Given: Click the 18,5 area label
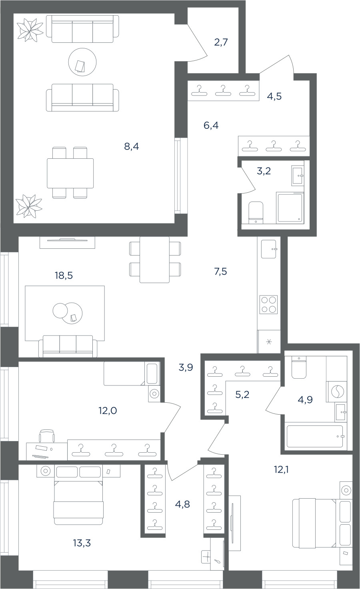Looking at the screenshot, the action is (64, 276).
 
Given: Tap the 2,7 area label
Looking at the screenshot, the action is (221, 42).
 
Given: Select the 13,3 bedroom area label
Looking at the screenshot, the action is (82, 543).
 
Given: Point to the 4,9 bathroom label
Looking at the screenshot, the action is (305, 400).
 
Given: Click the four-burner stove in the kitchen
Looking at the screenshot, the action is (268, 304).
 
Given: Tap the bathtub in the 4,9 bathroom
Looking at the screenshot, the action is (315, 436).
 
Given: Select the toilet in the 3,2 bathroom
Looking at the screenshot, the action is (256, 212).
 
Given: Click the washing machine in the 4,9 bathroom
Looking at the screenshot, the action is (336, 392).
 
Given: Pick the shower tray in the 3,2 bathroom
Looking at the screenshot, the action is (290, 208).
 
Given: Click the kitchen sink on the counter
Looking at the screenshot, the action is (269, 249).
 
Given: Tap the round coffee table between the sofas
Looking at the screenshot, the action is (82, 62).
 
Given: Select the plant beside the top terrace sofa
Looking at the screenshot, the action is (30, 30).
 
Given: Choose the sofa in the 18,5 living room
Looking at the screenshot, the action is (68, 346).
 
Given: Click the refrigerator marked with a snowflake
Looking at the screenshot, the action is (269, 342).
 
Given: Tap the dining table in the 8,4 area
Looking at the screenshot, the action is (70, 173).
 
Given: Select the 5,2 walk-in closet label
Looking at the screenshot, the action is (242, 394).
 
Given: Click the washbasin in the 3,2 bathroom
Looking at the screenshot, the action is (298, 176).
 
